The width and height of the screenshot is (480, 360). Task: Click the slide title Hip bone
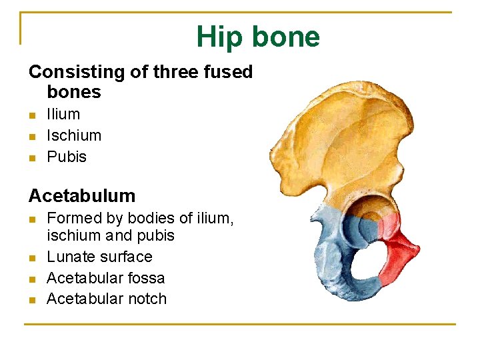pos(258,37)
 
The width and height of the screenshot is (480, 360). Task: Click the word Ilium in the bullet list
pos(63,115)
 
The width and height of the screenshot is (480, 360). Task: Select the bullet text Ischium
pos(74,136)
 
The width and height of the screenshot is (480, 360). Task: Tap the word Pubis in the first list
pos(67,157)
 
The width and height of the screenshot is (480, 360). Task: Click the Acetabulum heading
pos(82,196)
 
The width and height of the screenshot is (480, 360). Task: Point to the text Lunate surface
pos(99,257)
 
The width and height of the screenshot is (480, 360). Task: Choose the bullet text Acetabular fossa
pos(105,278)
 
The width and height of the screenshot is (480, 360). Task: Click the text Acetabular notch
pos(106,299)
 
